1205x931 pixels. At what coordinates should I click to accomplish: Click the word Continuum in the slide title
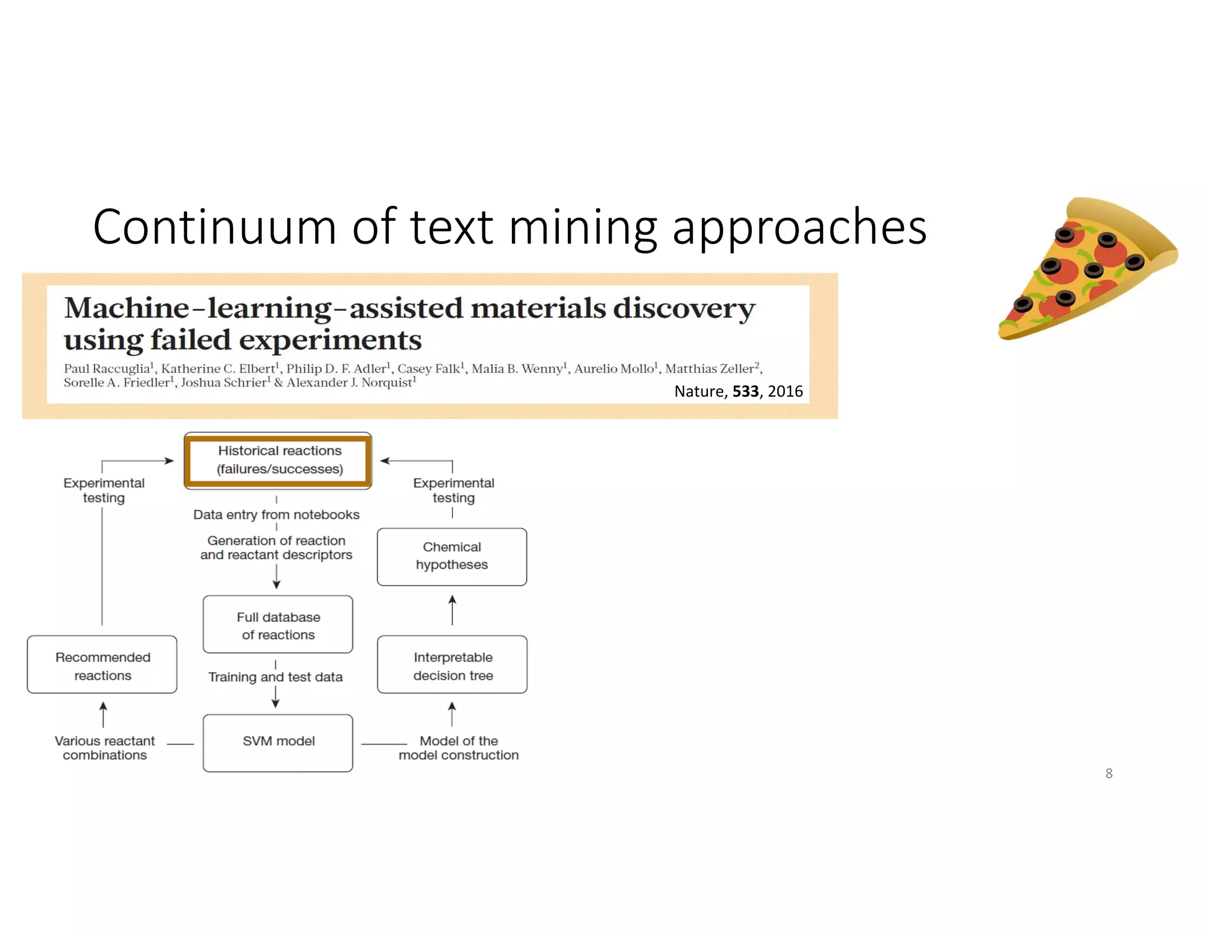click(214, 227)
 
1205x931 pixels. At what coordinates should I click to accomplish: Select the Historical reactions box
click(278, 460)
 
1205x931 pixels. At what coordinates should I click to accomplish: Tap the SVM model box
click(278, 742)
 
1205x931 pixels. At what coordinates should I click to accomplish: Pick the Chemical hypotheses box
click(451, 556)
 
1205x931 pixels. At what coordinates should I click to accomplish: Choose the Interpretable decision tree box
click(452, 666)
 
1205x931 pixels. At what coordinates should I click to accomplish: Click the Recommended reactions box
click(102, 666)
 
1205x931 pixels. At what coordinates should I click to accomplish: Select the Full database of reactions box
click(278, 625)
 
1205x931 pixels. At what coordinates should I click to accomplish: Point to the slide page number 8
click(1109, 773)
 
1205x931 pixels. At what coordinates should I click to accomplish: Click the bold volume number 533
click(745, 391)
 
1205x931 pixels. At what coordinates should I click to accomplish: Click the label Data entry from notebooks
click(276, 515)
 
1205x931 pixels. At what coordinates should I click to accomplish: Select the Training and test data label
click(275, 677)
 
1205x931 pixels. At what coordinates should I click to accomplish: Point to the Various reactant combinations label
click(105, 748)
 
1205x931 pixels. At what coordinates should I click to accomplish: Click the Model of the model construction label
click(458, 748)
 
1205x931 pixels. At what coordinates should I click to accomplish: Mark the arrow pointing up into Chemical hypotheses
click(452, 610)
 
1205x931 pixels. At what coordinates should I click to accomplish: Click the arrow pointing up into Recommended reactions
click(103, 714)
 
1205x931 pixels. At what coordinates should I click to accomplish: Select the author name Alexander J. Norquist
click(349, 383)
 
